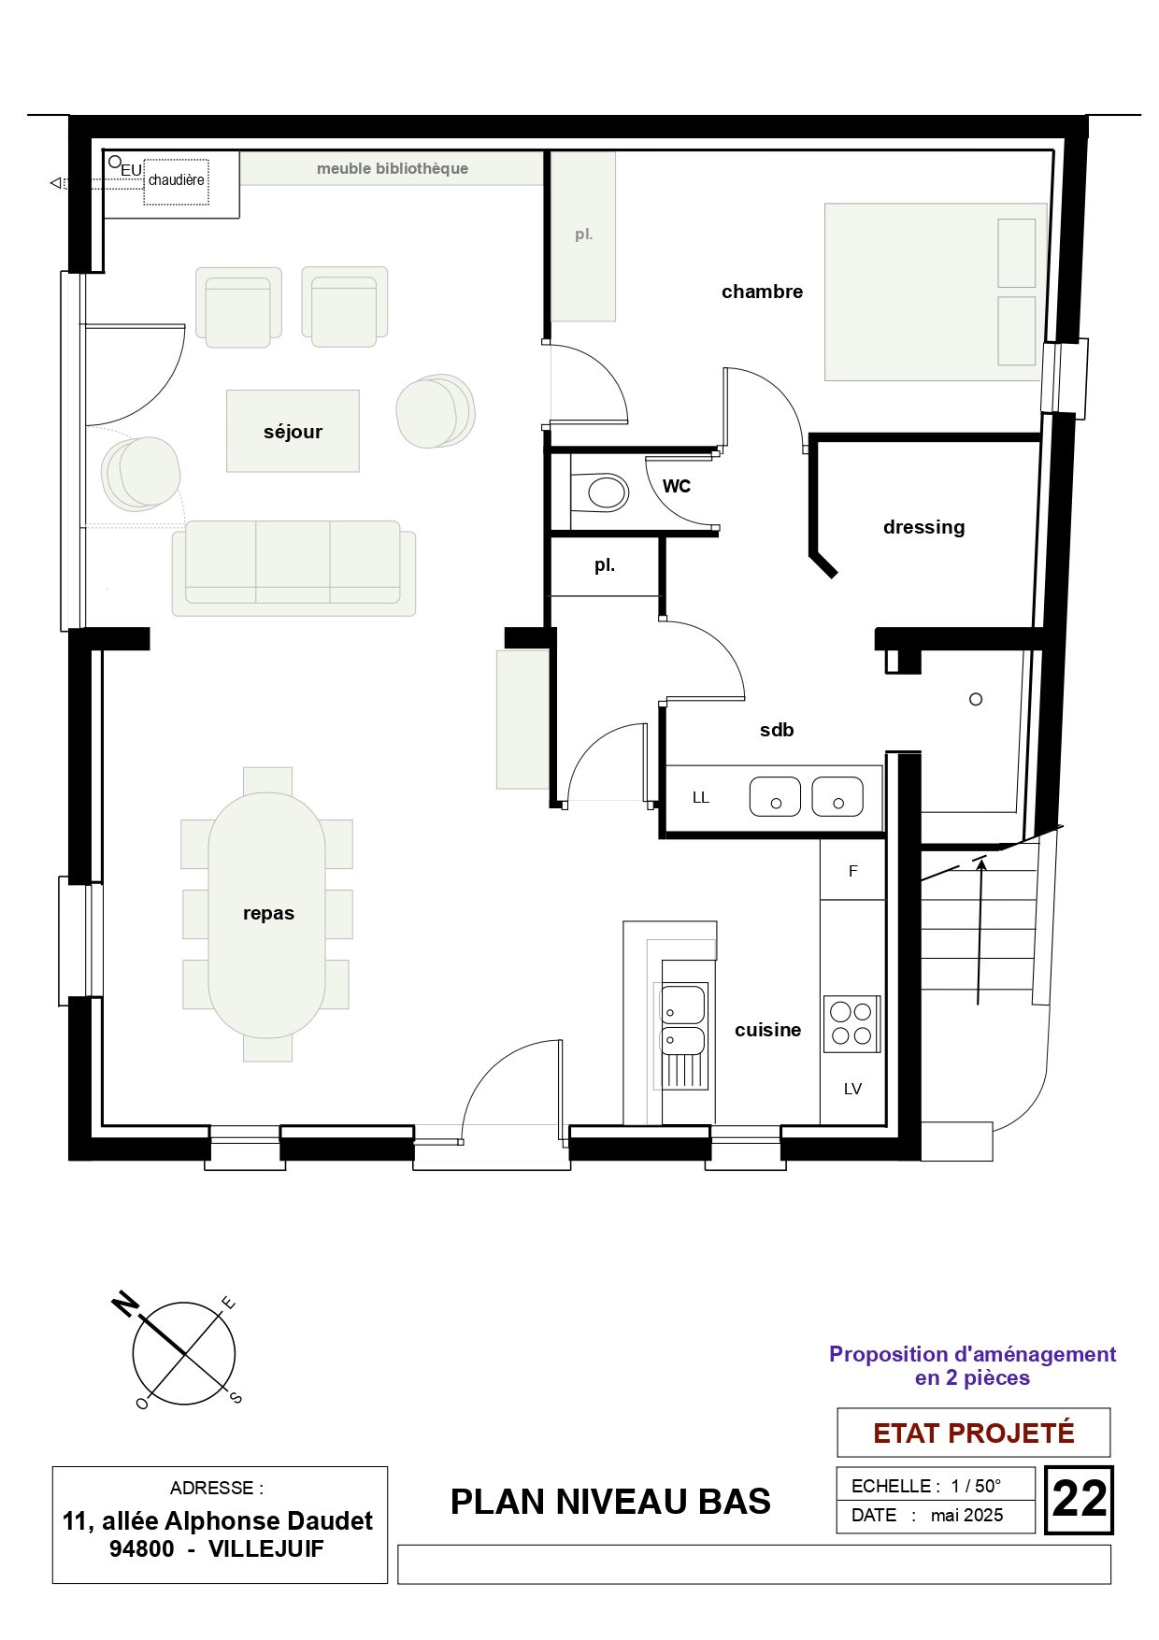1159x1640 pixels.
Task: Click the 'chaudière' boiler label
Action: click(176, 180)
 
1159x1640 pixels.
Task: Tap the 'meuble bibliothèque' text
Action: click(393, 168)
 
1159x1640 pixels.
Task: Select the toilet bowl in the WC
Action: click(600, 492)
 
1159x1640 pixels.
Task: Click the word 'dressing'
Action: click(923, 527)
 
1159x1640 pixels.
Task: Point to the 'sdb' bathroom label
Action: click(777, 730)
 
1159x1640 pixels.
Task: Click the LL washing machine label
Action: click(701, 798)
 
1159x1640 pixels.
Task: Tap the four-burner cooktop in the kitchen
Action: click(851, 1024)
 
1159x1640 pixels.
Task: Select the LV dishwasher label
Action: click(852, 1089)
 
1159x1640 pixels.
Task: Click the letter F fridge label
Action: click(852, 871)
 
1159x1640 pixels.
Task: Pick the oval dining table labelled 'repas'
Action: click(267, 915)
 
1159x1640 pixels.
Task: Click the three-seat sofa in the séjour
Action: click(293, 568)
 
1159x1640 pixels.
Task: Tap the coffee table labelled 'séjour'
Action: click(293, 431)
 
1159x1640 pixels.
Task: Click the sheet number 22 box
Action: click(1079, 1500)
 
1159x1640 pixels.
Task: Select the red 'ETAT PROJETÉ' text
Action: click(973, 1433)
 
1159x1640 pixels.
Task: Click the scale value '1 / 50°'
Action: click(976, 1486)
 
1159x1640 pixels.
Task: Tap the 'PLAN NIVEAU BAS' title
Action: click(610, 1502)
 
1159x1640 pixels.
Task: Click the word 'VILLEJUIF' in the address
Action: click(265, 1548)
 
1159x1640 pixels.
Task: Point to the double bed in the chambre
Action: click(936, 292)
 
